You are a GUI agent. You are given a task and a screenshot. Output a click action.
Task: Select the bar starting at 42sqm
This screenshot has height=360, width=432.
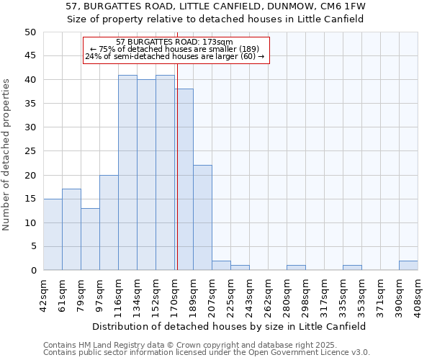[x=53, y=235]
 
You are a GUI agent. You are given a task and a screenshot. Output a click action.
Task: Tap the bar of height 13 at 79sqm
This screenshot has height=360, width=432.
[x=90, y=239]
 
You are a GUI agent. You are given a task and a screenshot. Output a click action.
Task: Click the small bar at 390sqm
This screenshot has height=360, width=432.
[x=408, y=266]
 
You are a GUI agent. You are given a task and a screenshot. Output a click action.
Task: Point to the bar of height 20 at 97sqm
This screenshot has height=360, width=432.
[x=109, y=222]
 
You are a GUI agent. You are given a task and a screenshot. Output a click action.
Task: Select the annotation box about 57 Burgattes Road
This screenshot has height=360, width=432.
[x=176, y=50]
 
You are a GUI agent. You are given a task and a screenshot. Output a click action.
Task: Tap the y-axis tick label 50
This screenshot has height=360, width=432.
[x=30, y=32]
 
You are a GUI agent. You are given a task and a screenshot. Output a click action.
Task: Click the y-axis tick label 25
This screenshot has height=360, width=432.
[x=30, y=151]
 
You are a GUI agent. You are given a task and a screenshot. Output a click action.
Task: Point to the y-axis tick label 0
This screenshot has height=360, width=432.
[x=32, y=271]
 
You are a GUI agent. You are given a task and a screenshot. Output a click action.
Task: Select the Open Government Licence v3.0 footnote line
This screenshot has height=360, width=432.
[x=207, y=353]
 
